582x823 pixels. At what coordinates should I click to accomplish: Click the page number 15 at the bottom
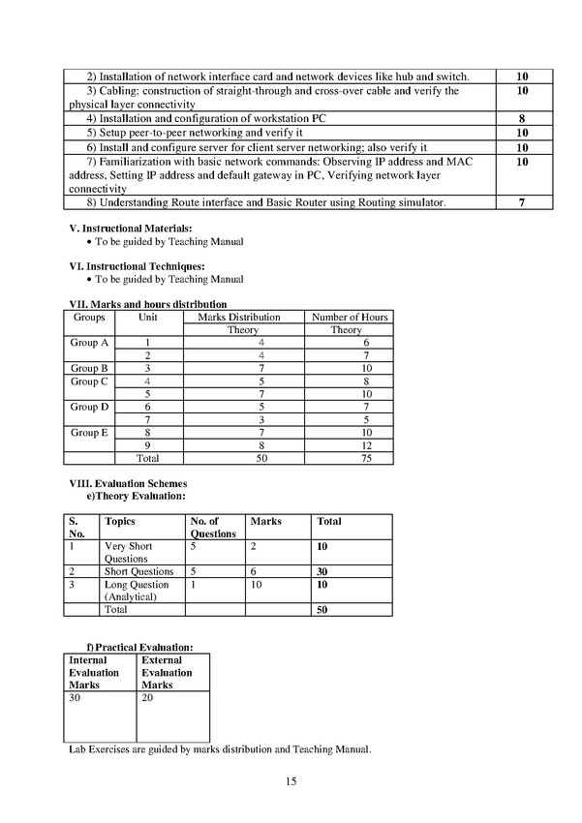pos(291,781)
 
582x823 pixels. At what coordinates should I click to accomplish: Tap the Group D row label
pos(90,407)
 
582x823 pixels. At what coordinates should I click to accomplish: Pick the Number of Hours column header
pos(349,317)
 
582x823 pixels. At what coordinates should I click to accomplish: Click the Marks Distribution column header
pos(239,317)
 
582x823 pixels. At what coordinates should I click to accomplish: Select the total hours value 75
pos(346,458)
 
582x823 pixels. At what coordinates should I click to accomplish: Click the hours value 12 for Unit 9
pos(346,445)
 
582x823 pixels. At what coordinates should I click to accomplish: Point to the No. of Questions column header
pos(213,527)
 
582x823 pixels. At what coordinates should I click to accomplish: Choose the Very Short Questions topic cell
pos(130,553)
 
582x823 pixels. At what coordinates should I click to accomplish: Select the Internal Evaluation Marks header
pos(94,672)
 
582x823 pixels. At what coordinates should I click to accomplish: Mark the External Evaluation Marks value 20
pos(147,696)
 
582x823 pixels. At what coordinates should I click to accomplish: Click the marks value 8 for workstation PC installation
pos(522,119)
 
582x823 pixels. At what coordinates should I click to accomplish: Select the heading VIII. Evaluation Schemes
pos(129,483)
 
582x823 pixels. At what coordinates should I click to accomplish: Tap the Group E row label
pos(90,433)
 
